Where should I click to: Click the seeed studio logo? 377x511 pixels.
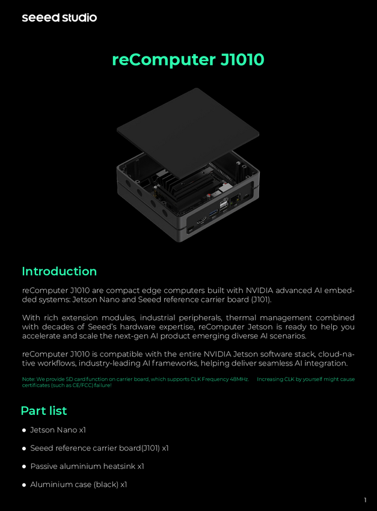pos(60,17)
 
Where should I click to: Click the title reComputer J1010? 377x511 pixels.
pos(188,60)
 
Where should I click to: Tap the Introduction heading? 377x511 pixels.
pos(60,271)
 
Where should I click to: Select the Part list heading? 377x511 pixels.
pos(44,411)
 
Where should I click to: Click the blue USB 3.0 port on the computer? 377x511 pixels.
pos(213,213)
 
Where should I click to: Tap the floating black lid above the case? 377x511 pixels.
pos(188,132)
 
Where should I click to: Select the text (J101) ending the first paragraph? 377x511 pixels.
pos(261,299)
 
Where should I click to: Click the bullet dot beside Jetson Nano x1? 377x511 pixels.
pos(24,430)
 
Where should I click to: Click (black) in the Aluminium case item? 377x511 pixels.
pos(106,485)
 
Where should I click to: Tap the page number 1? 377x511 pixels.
pos(365,500)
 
